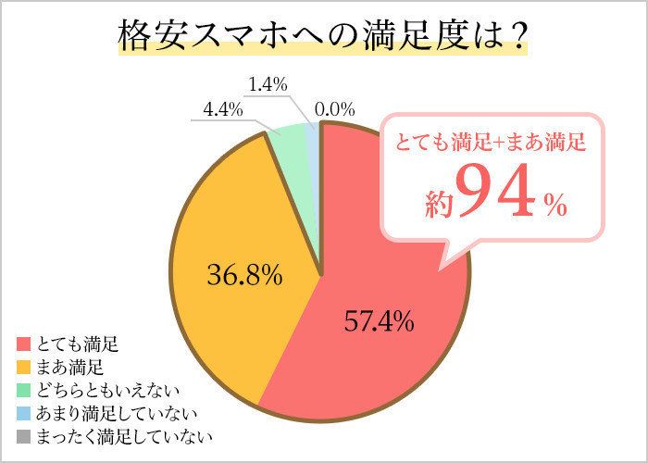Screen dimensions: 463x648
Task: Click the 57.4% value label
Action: tap(379, 322)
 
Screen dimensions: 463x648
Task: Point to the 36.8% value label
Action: tap(243, 275)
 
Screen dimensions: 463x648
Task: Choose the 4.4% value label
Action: tap(223, 109)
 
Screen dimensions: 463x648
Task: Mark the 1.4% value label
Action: tap(267, 84)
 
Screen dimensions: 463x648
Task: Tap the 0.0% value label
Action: tap(335, 109)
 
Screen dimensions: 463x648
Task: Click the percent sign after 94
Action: tap(555, 206)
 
